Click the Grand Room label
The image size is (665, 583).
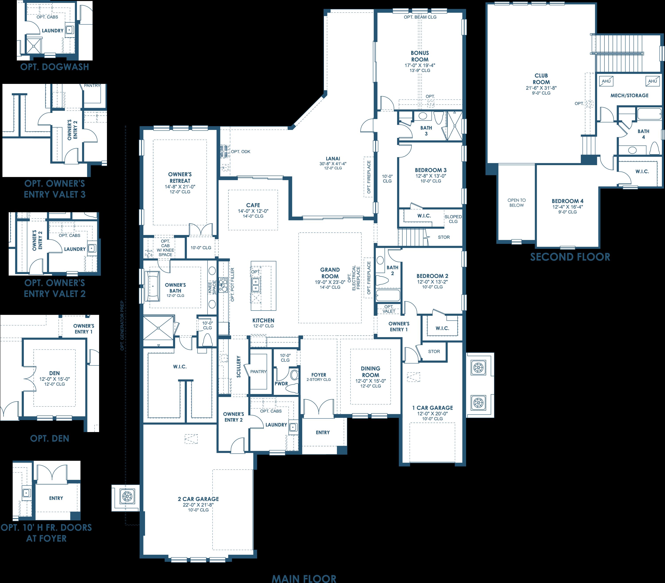(330, 273)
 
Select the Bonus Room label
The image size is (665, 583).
(420, 56)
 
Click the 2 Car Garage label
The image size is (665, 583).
(198, 499)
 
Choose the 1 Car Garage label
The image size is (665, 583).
(432, 408)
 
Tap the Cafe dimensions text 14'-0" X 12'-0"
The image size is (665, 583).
(253, 211)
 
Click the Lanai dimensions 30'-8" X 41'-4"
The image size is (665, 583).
(333, 164)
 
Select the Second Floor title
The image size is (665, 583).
(570, 257)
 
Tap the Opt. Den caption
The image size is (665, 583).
(50, 438)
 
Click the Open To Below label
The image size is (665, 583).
(516, 203)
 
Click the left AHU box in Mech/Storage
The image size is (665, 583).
(606, 81)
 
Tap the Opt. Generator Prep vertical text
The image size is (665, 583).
(122, 325)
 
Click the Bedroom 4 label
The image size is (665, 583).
(568, 201)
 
